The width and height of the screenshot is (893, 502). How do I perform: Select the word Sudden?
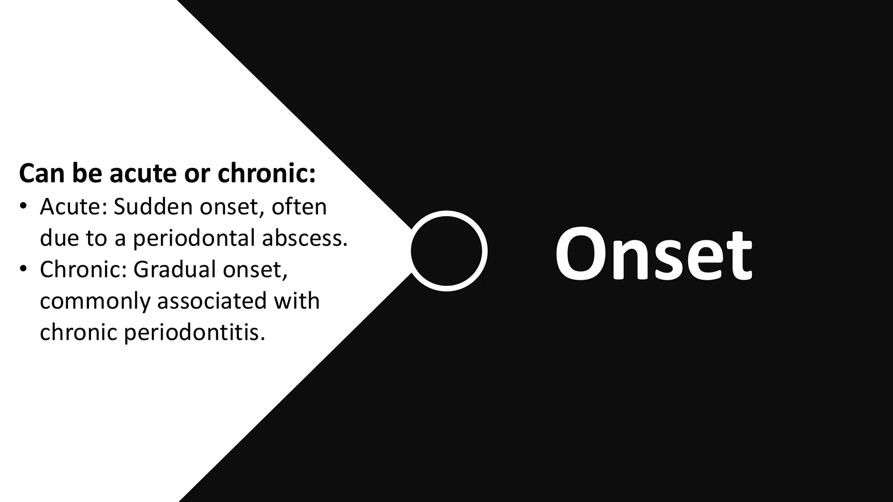pyautogui.click(x=153, y=207)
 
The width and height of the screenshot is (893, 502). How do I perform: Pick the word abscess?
pyautogui.click(x=305, y=238)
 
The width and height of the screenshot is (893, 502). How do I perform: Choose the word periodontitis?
pyautogui.click(x=194, y=333)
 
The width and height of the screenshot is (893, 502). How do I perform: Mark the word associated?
pyautogui.click(x=211, y=301)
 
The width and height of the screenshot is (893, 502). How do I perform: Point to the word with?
pyautogui.click(x=297, y=301)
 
